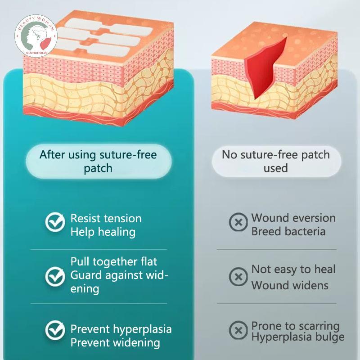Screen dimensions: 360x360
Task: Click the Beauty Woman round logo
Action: coord(36,36)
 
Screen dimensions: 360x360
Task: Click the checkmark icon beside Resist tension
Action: coord(55,222)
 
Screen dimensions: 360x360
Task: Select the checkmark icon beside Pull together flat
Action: coord(55,276)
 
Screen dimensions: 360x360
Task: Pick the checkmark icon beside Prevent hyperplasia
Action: coord(55,330)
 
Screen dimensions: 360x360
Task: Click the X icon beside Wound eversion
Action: coord(238,222)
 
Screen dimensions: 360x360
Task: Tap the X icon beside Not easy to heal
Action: coord(238,276)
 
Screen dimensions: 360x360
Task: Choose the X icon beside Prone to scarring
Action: coord(238,330)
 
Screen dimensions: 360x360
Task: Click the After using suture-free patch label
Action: coord(98,162)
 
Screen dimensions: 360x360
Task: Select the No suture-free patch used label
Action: coord(276,161)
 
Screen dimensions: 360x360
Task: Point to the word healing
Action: coord(117,232)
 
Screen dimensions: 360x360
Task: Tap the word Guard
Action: coord(86,275)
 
